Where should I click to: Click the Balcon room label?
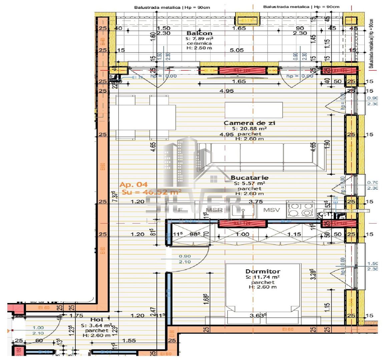click(x=199, y=33)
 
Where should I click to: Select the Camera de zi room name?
click(x=249, y=123)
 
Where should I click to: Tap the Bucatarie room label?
click(x=249, y=178)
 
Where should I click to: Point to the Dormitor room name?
click(x=263, y=271)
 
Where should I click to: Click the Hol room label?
click(x=97, y=320)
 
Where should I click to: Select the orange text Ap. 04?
click(x=133, y=185)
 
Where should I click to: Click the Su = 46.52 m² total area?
click(x=151, y=192)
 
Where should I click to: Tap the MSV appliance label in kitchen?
click(x=272, y=210)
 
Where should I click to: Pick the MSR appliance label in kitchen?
click(x=214, y=210)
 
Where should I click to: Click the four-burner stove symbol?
click(x=301, y=210)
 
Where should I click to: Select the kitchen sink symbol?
click(x=243, y=210)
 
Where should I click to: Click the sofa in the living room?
click(x=262, y=157)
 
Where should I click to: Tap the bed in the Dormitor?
click(x=263, y=293)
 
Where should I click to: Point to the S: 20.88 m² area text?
click(x=249, y=129)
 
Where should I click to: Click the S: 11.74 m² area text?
click(x=263, y=277)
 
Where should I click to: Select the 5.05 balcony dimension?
click(x=237, y=50)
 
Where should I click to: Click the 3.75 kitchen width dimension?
click(x=256, y=202)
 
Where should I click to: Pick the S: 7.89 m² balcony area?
click(x=199, y=38)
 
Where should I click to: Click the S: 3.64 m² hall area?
click(x=96, y=325)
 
